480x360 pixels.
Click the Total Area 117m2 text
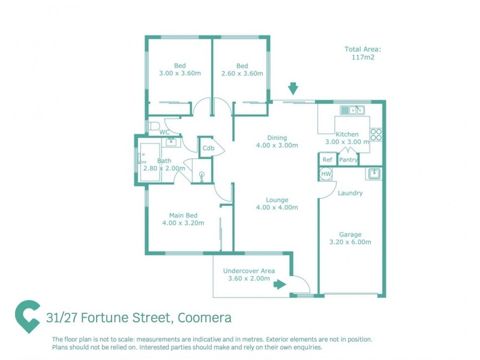[x=363, y=53]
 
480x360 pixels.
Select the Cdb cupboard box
[x=208, y=148]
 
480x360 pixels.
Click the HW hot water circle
[x=326, y=173]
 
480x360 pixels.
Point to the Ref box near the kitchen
[x=327, y=160]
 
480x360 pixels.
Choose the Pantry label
[x=349, y=160]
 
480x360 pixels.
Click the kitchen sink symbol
[x=352, y=110]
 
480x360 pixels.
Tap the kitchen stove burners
[x=376, y=134]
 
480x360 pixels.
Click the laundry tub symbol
[x=373, y=174]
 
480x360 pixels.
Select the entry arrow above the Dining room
[x=293, y=89]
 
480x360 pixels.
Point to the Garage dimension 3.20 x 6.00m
[x=350, y=242]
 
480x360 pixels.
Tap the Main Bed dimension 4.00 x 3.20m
[x=183, y=223]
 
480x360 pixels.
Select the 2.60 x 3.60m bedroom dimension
[x=242, y=73]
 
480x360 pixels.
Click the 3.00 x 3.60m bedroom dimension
[x=180, y=73]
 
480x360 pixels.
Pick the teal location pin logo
[x=28, y=317]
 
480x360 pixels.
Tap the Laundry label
[x=350, y=193]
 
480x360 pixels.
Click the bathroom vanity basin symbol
[x=172, y=142]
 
